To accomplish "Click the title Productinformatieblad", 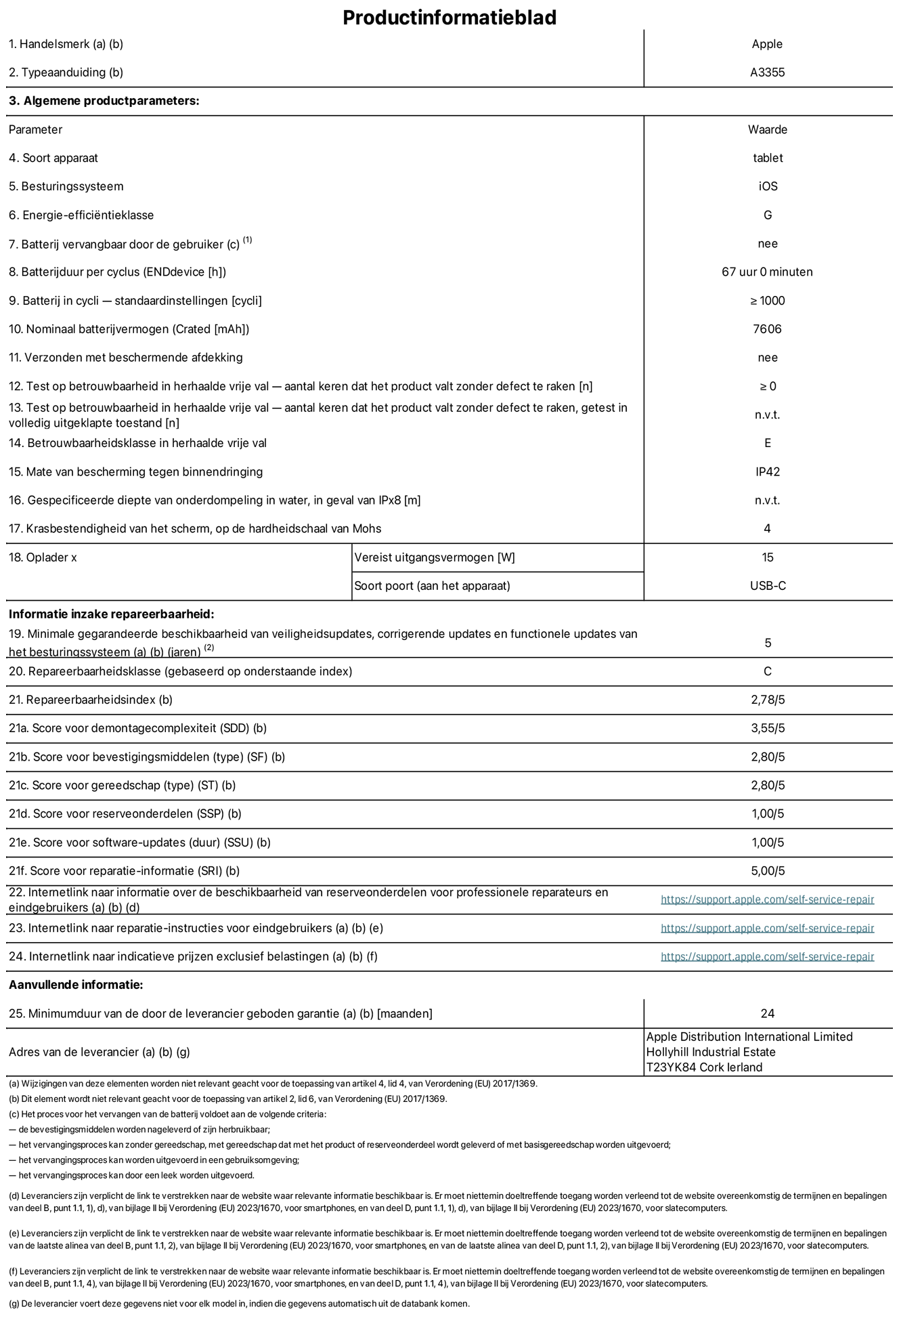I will pos(449,17).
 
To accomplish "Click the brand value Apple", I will pos(767,44).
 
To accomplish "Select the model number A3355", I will pos(767,72).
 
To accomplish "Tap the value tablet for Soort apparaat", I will pos(767,158).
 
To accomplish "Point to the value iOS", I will pos(768,186).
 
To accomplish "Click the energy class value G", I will pos(767,215).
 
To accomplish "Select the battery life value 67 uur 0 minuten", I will pos(767,272).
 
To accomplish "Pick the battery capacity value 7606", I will pos(767,329).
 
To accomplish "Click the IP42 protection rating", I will pos(767,472).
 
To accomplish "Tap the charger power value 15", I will pos(767,557).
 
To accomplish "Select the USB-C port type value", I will pos(768,586).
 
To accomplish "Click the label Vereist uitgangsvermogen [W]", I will pos(435,557).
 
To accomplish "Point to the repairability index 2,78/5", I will pos(768,700).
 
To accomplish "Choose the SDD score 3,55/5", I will pos(768,728).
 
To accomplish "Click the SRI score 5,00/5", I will pos(768,871).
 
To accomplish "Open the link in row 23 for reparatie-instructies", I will pos(767,928).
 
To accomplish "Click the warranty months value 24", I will pos(767,1014).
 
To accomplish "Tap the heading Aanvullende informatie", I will pos(76,985).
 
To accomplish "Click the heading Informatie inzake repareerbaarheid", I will pos(111,614).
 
